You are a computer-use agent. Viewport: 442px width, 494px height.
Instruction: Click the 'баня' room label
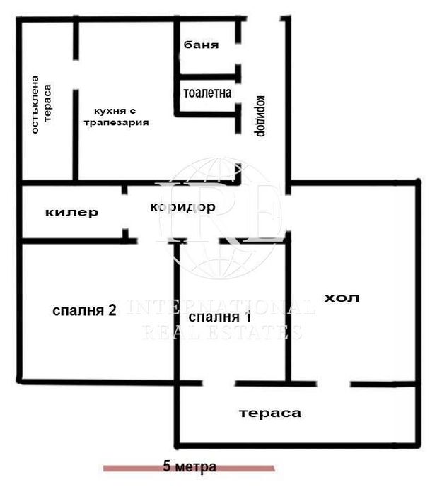click(x=201, y=45)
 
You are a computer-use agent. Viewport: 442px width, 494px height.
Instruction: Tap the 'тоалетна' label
click(x=207, y=93)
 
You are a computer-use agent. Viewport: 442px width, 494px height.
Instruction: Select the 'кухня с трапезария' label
click(x=116, y=117)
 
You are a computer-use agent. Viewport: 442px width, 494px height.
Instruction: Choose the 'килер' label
click(x=71, y=212)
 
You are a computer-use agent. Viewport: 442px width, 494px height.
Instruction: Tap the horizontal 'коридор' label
click(x=182, y=207)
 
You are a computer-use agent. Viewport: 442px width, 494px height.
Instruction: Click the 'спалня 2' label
click(x=84, y=311)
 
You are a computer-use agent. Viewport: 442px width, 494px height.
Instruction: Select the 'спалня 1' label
click(x=220, y=317)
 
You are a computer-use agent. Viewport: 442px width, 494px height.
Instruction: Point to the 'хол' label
click(x=342, y=298)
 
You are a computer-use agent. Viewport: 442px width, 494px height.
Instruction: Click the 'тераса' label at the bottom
click(x=269, y=413)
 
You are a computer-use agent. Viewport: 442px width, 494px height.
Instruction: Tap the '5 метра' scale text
click(x=190, y=466)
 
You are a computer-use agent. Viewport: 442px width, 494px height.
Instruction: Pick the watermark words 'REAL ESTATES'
click(x=222, y=332)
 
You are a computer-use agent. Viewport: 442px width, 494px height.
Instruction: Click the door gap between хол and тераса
click(x=333, y=384)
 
